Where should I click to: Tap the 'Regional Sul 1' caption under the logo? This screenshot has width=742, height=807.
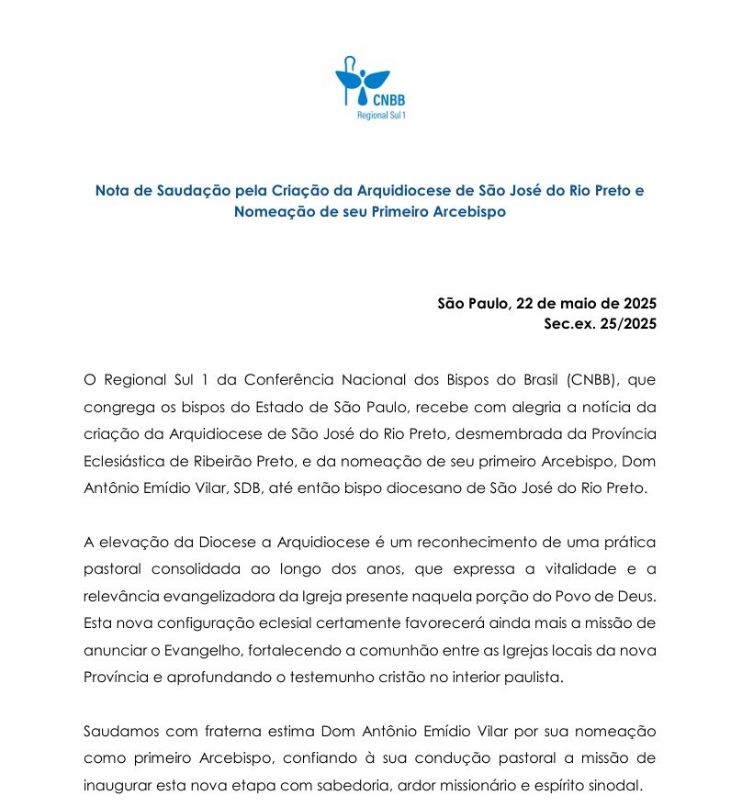(380, 115)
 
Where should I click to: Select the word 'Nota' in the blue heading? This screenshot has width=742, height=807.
(112, 191)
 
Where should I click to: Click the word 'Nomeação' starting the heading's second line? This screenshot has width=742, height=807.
(273, 211)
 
